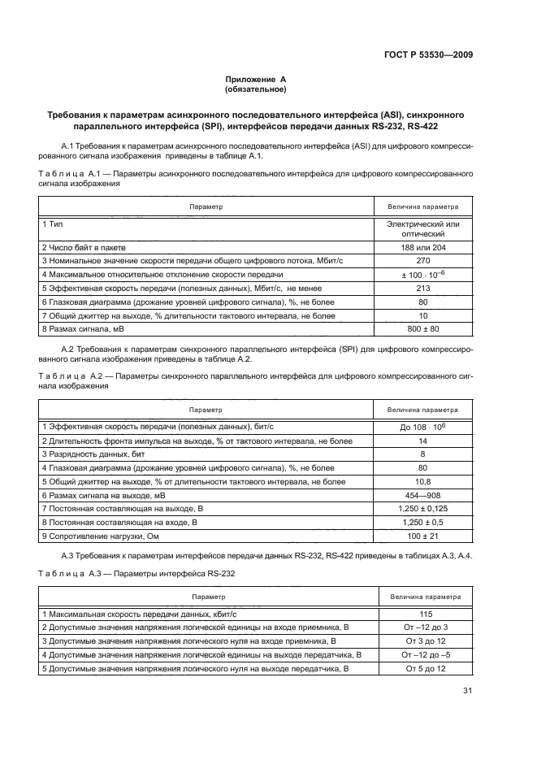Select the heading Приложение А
point(256,80)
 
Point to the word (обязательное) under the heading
point(256,89)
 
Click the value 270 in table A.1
point(422,260)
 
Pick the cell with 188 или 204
point(422,247)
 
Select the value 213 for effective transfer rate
point(422,288)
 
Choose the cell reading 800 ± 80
point(422,329)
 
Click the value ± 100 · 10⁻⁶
point(422,274)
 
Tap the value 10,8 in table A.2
point(422,481)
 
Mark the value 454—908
point(422,495)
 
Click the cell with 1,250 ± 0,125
point(422,509)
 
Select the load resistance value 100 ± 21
point(422,536)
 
